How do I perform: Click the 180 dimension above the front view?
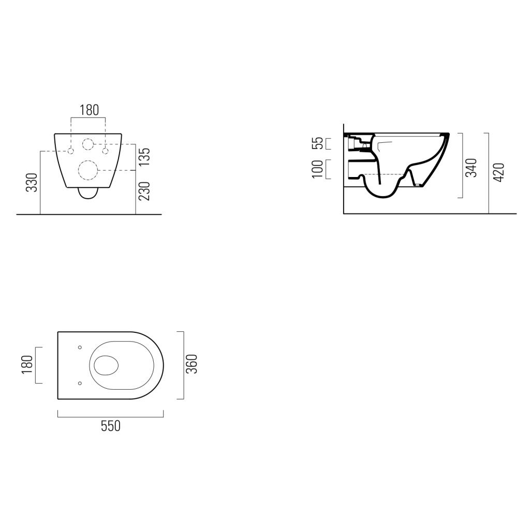(x=89, y=110)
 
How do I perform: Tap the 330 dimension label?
(x=32, y=183)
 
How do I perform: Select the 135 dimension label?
(x=144, y=157)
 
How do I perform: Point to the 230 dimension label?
(x=144, y=191)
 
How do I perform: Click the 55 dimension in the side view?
(x=317, y=143)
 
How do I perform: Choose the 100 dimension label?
(x=317, y=169)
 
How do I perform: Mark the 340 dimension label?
(x=471, y=168)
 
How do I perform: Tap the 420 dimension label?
(x=499, y=172)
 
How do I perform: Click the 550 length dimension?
(x=111, y=426)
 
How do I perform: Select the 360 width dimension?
(x=192, y=364)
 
